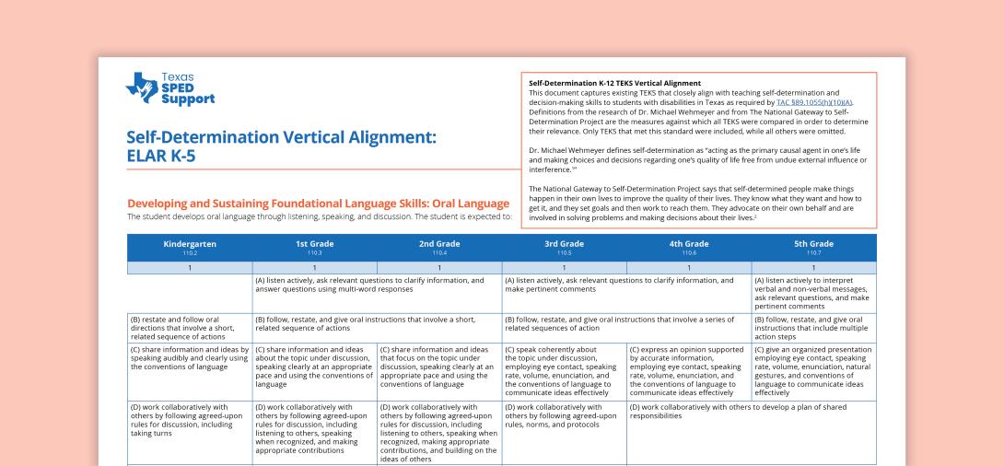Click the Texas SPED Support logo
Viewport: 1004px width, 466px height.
click(x=169, y=88)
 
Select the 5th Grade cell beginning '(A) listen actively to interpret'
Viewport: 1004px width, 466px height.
click(x=814, y=292)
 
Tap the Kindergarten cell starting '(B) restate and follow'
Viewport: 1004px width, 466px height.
click(x=189, y=325)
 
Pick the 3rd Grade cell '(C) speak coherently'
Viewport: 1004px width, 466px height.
click(x=564, y=369)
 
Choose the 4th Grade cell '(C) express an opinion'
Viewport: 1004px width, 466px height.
click(x=689, y=369)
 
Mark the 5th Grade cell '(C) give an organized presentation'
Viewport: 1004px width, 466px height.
click(x=814, y=369)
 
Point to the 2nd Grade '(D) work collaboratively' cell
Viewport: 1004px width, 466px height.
click(x=439, y=432)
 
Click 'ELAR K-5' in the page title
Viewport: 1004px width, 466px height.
click(x=161, y=156)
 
